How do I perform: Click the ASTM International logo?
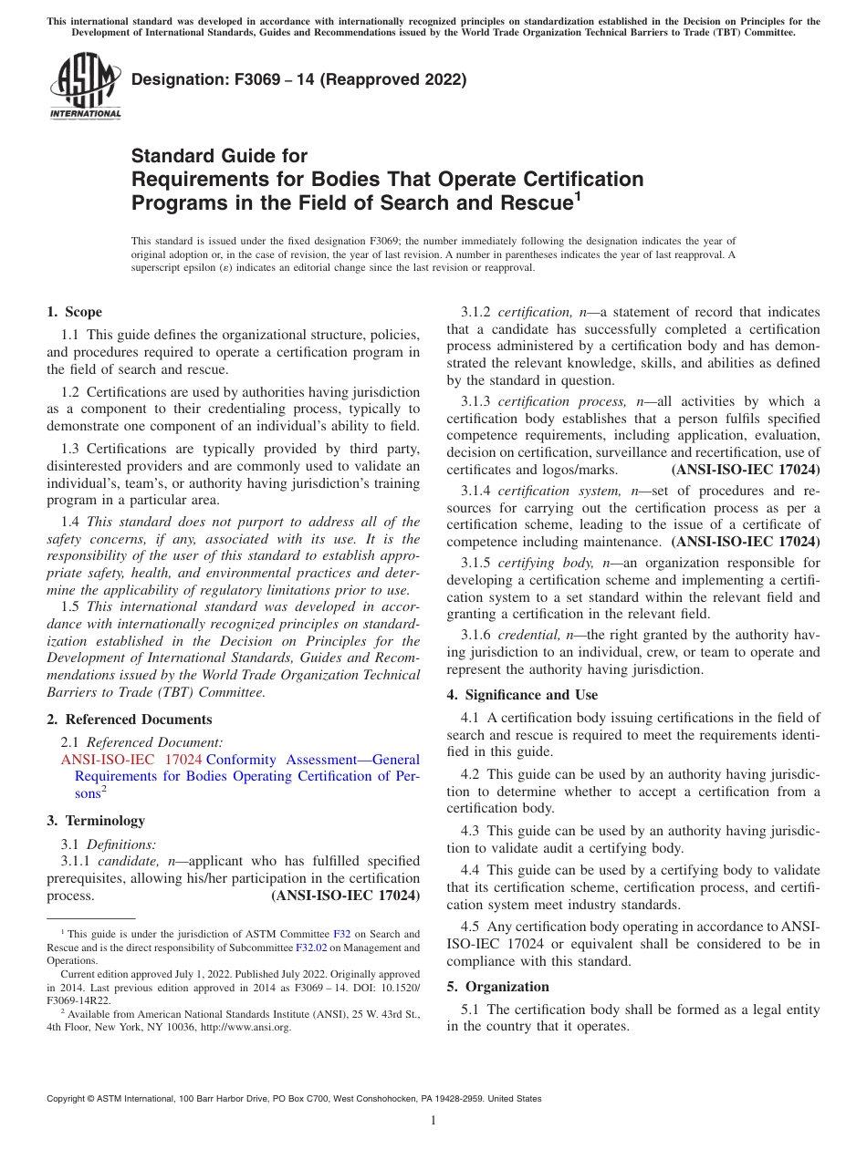(x=85, y=86)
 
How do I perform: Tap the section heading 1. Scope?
(x=75, y=312)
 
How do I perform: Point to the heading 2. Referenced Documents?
(x=130, y=720)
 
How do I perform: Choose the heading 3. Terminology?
(x=96, y=821)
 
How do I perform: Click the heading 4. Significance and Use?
(x=522, y=695)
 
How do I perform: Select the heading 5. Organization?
(x=498, y=987)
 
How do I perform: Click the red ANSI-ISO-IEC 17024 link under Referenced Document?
(x=131, y=760)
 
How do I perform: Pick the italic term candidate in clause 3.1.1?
(x=125, y=861)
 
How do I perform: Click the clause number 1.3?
(x=71, y=449)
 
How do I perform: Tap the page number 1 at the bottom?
(x=433, y=1121)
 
